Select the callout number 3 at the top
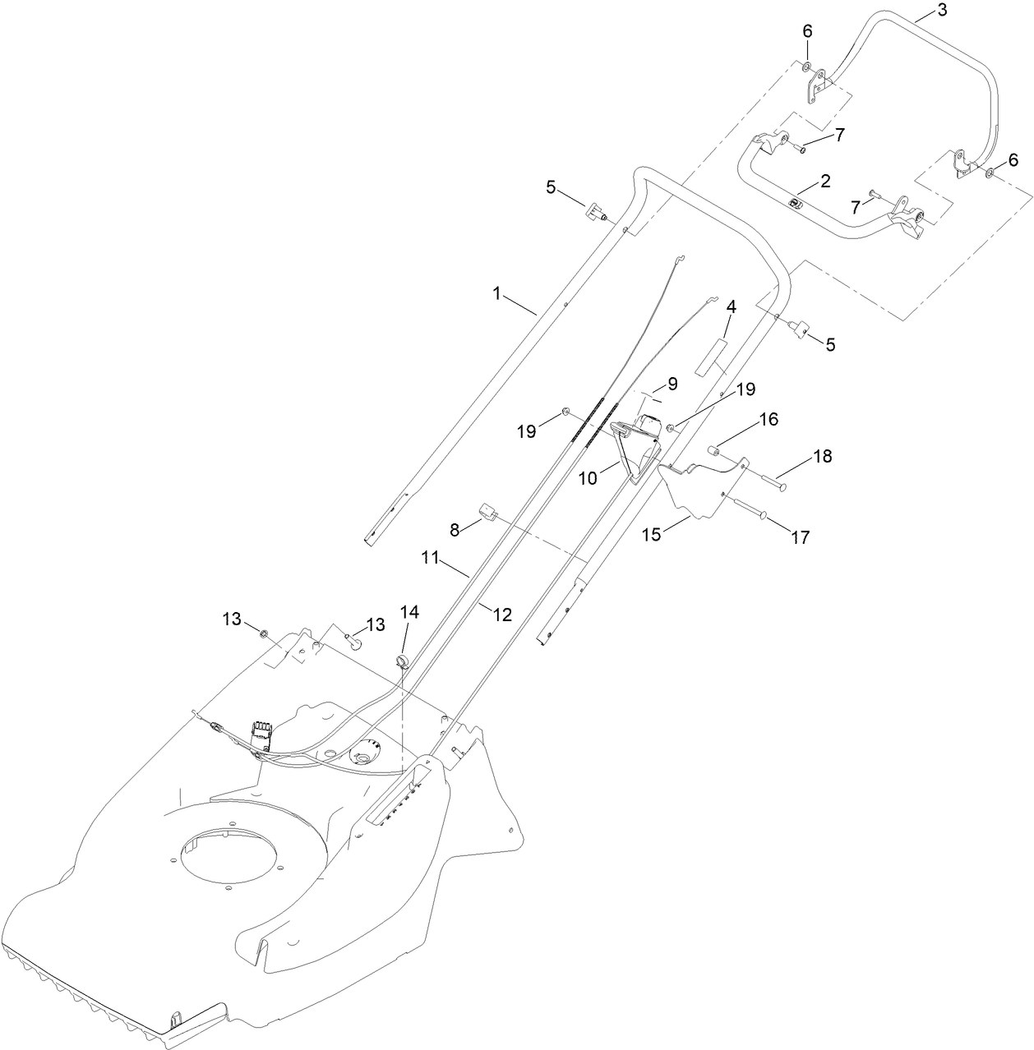click(x=919, y=11)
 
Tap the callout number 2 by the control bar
click(x=824, y=180)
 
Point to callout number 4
click(x=731, y=306)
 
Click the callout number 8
click(x=455, y=530)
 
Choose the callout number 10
click(x=588, y=477)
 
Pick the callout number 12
click(x=501, y=614)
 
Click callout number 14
click(x=409, y=611)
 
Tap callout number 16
click(x=768, y=418)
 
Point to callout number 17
click(x=800, y=537)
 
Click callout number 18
click(x=822, y=456)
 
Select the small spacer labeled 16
click(x=715, y=449)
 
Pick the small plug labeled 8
click(x=485, y=513)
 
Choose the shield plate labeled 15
click(x=699, y=493)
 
